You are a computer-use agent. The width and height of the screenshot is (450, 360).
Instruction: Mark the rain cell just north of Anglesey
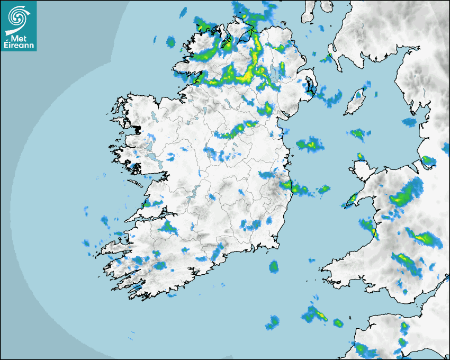click(360, 156)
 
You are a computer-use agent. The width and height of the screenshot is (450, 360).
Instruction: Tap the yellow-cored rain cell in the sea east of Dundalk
click(310, 144)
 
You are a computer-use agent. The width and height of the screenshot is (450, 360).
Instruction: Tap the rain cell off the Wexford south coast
click(274, 266)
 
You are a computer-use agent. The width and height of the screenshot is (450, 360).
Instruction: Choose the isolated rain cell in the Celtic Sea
click(273, 321)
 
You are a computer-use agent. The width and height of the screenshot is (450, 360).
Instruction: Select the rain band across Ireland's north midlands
click(236, 130)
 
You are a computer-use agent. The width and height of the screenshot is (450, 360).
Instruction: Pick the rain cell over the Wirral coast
click(427, 160)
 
